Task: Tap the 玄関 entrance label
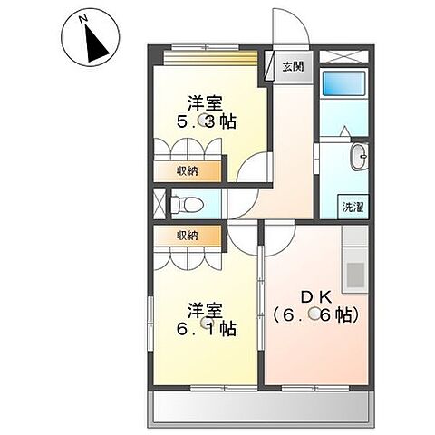(x=292, y=66)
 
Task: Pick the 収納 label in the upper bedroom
(x=187, y=170)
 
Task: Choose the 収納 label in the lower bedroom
(x=187, y=236)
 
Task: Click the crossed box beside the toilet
(x=159, y=201)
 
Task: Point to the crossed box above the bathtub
(x=343, y=54)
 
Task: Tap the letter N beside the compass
(x=82, y=18)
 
